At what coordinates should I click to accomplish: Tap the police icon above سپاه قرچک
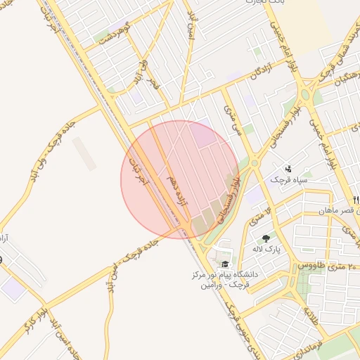point(289,168)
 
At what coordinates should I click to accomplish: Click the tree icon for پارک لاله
point(265,239)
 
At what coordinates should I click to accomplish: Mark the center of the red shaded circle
point(181,180)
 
